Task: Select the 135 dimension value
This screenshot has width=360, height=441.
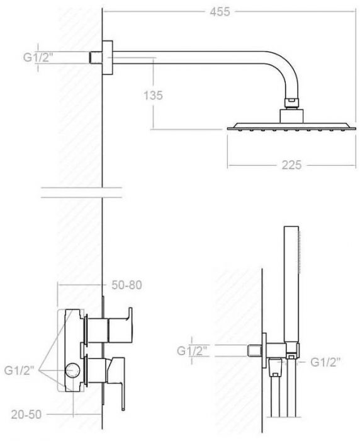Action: (x=153, y=95)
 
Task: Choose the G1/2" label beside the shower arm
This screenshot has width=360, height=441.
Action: (x=37, y=57)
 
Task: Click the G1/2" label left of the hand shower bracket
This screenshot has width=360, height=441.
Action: (x=192, y=350)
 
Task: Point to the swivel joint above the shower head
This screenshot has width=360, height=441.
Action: (x=290, y=102)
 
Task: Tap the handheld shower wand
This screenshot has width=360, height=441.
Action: (x=291, y=283)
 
